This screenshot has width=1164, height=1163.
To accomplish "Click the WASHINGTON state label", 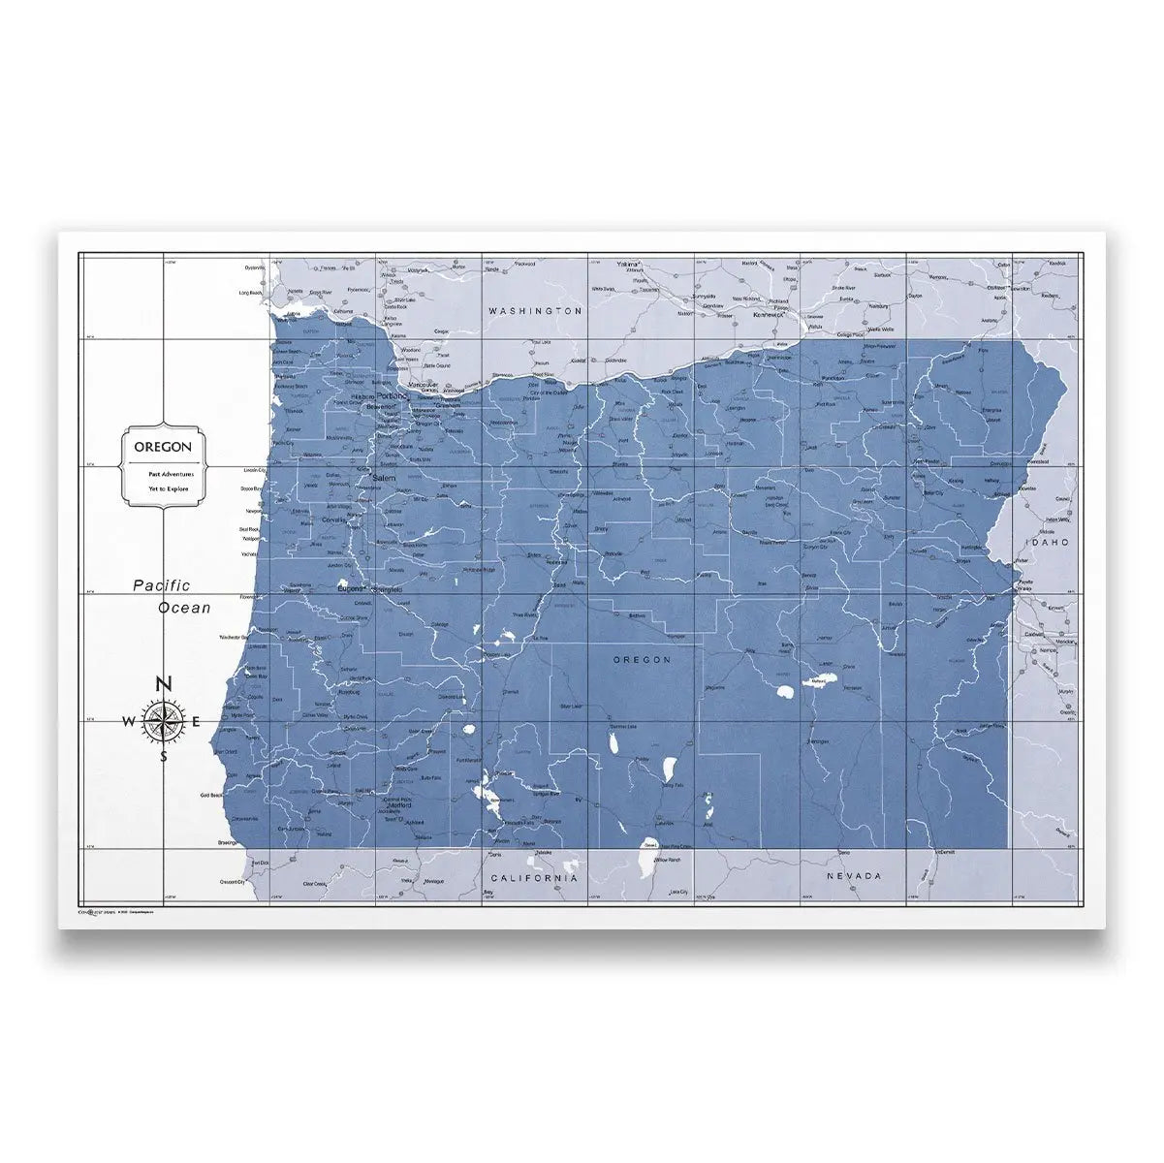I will (536, 311).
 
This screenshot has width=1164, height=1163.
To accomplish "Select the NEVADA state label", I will (854, 875).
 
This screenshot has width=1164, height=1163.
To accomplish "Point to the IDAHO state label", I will (1046, 542).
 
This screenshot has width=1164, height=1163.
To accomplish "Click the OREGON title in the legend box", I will (162, 447).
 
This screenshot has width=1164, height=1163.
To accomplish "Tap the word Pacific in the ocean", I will (162, 584).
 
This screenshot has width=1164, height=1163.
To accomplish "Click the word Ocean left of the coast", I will (184, 608).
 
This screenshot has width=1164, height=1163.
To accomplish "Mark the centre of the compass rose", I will (164, 720).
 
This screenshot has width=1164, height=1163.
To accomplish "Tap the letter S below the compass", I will (164, 756).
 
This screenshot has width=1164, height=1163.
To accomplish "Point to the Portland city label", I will (393, 395).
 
